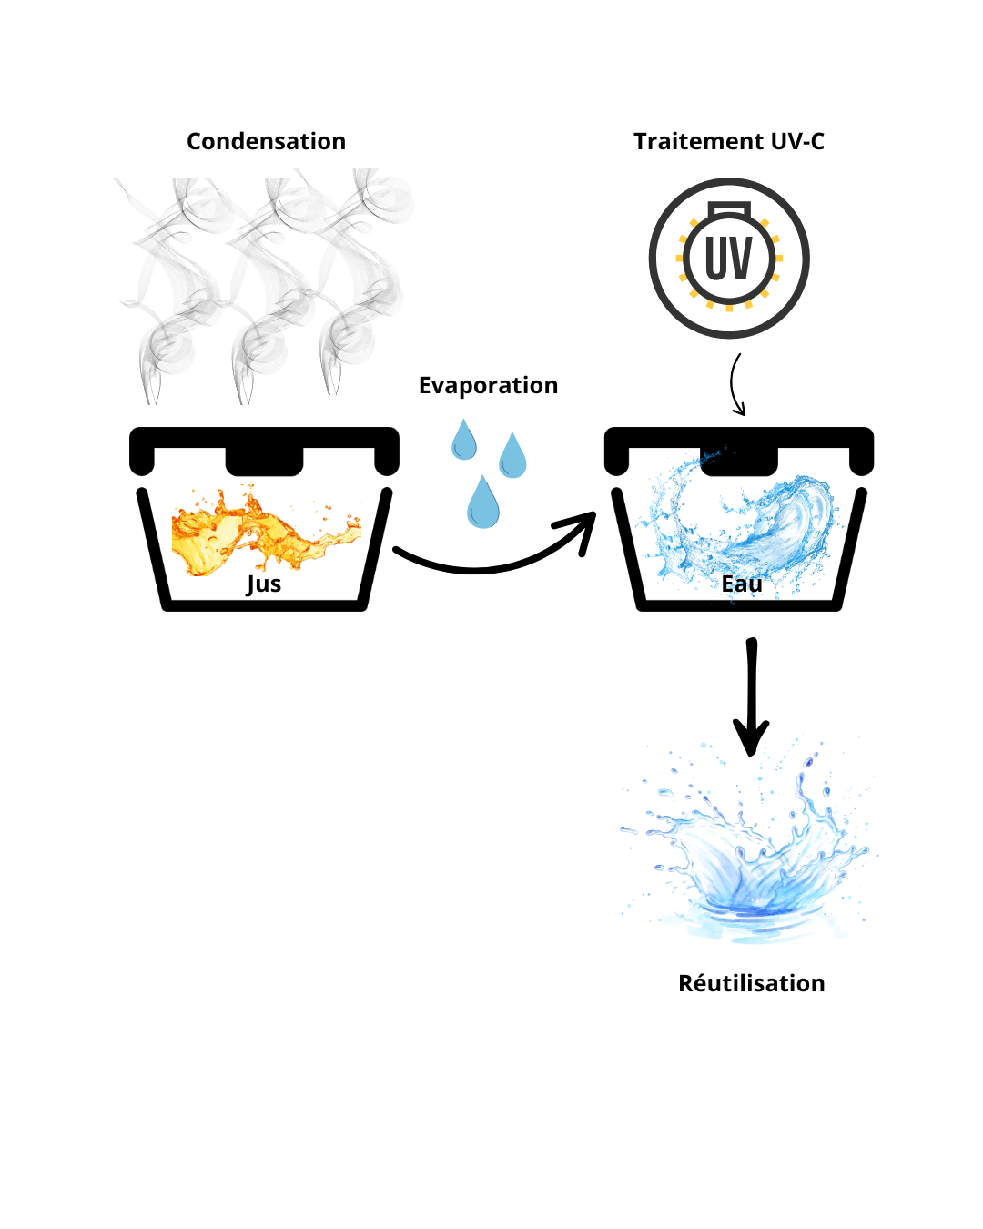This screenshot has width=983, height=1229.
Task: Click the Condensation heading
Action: (x=266, y=141)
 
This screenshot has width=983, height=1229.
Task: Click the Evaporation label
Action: (x=488, y=385)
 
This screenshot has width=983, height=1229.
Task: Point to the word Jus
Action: (x=264, y=584)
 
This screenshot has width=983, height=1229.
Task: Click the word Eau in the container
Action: (x=742, y=584)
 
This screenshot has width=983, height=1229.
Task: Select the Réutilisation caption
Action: (x=751, y=983)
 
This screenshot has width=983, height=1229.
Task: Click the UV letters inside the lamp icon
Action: (x=729, y=259)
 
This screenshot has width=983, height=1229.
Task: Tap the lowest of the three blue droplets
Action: (x=482, y=504)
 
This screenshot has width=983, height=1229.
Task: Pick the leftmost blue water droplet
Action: (x=464, y=442)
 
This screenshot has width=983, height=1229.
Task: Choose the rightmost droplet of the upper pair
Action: (x=512, y=457)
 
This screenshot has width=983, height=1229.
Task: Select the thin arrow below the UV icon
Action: (x=735, y=384)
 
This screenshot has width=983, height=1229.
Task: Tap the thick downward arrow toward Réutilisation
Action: (x=751, y=696)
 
